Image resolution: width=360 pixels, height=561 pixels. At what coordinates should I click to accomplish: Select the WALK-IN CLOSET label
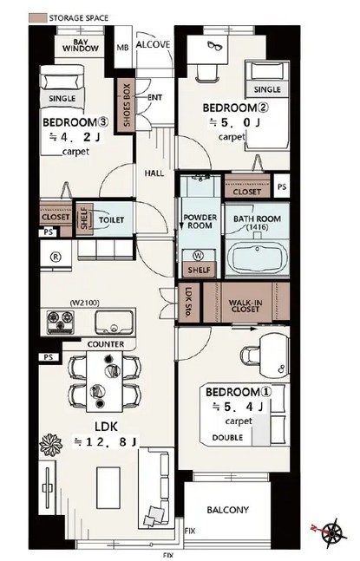(245, 305)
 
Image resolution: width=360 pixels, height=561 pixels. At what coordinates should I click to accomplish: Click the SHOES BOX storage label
(127, 105)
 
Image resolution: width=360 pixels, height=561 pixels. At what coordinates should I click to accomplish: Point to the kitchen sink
(114, 322)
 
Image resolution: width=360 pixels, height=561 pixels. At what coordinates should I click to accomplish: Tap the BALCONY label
(227, 510)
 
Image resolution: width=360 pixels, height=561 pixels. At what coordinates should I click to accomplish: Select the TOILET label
(111, 219)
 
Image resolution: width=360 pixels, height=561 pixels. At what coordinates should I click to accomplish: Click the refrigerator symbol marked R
(56, 257)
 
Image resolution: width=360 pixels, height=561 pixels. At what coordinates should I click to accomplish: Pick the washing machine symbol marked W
(198, 256)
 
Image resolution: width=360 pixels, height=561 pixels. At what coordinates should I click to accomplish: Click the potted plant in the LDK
(51, 445)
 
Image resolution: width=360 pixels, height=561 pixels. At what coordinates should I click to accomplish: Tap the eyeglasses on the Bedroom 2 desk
(214, 46)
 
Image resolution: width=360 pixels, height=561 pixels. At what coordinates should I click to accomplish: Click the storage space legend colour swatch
(37, 18)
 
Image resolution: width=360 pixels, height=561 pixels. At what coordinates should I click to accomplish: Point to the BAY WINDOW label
(80, 45)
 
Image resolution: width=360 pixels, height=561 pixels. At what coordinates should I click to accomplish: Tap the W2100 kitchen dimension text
(84, 303)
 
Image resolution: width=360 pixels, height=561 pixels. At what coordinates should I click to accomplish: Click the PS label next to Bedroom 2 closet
(282, 186)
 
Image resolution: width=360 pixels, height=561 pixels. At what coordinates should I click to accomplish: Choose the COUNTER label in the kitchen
(106, 344)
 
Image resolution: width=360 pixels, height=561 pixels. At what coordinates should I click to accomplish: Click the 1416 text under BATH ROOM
(258, 227)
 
